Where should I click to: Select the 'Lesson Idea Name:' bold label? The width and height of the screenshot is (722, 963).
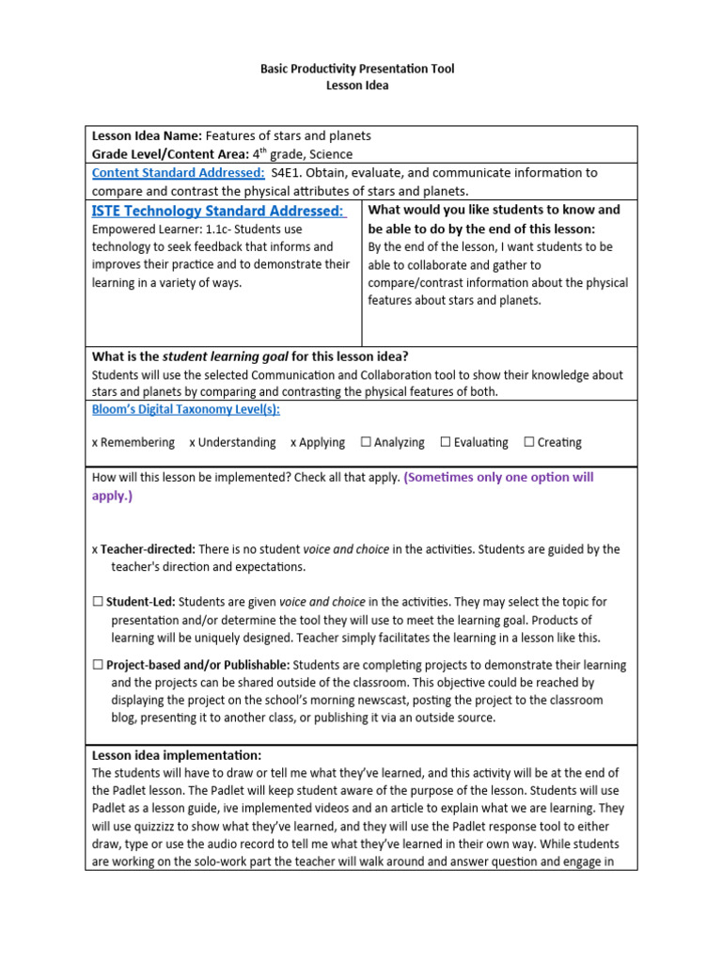pyautogui.click(x=147, y=135)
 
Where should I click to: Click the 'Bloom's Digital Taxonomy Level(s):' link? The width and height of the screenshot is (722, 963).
pyautogui.click(x=185, y=409)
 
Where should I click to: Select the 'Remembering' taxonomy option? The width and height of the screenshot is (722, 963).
pyautogui.click(x=137, y=442)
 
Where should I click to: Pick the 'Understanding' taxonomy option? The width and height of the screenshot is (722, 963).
pyautogui.click(x=237, y=442)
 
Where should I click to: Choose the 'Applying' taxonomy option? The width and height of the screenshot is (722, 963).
pyautogui.click(x=322, y=442)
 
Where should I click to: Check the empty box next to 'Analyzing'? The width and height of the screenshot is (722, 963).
pyautogui.click(x=366, y=442)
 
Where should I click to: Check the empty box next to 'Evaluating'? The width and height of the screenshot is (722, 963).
pyautogui.click(x=446, y=442)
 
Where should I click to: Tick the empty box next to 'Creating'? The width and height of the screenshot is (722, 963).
pyautogui.click(x=529, y=442)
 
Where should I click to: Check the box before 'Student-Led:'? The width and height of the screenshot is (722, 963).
pyautogui.click(x=98, y=602)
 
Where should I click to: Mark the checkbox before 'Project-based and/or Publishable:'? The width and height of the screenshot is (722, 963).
pyautogui.click(x=98, y=665)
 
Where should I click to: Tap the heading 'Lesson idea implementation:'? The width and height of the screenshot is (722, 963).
pyautogui.click(x=177, y=755)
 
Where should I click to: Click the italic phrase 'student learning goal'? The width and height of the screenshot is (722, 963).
pyautogui.click(x=225, y=356)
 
